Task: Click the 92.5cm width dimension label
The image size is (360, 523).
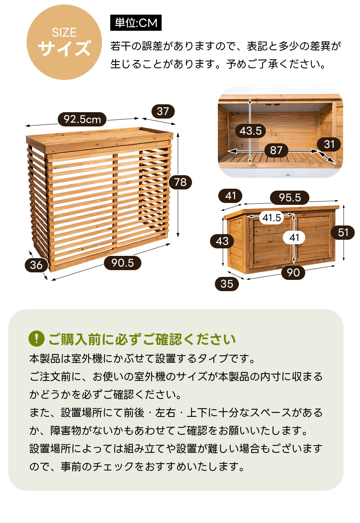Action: [x=82, y=119]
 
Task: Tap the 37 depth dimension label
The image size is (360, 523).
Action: [x=163, y=111]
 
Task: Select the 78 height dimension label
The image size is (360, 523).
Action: [x=180, y=182]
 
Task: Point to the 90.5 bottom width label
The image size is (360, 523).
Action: [x=123, y=263]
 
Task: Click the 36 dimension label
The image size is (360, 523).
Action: [x=36, y=265]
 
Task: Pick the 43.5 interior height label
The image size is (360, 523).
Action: [x=250, y=131]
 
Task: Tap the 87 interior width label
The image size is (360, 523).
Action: [x=276, y=150]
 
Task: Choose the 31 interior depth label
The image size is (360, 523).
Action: [x=329, y=144]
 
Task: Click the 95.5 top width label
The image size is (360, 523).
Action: [x=289, y=197]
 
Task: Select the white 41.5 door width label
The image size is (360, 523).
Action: [x=271, y=218]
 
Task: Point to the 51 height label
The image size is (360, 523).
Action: [x=343, y=232]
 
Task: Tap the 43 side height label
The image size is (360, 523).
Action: [x=222, y=241]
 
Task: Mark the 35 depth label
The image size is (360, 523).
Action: [x=227, y=284]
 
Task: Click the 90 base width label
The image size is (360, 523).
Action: [x=293, y=272]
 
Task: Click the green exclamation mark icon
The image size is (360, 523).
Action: [x=37, y=338]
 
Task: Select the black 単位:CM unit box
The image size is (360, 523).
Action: [x=136, y=23]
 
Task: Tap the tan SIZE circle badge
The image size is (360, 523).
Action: [x=64, y=42]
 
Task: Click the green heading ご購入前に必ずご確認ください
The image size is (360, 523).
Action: [x=142, y=339]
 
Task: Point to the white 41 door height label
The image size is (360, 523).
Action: [x=294, y=238]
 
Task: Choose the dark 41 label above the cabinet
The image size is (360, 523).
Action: [x=230, y=196]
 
